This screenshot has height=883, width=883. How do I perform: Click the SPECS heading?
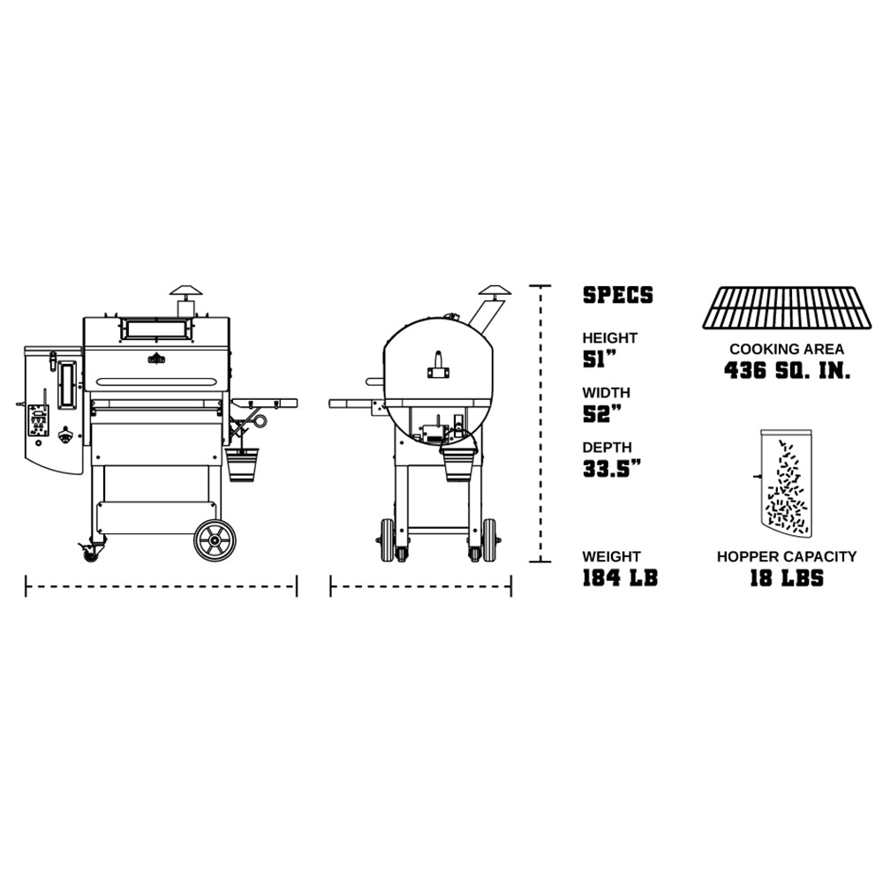coord(617,295)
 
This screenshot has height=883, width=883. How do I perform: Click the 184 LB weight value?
coord(620,578)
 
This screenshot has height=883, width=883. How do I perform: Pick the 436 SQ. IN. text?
coord(787,370)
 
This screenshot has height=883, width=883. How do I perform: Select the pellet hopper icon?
coord(785,483)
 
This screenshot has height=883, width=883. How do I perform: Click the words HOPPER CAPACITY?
coord(786,556)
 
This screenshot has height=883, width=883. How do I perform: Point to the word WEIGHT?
coord(611,556)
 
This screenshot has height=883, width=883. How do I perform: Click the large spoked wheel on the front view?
coord(215,540)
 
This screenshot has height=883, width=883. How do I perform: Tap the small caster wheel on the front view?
coord(90,553)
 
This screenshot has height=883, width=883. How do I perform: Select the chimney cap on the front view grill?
coord(186,292)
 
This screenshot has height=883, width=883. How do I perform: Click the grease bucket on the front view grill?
coord(243,464)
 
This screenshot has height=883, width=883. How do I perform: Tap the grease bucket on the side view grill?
coord(457,462)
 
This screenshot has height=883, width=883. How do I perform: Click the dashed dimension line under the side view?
coord(420,585)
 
